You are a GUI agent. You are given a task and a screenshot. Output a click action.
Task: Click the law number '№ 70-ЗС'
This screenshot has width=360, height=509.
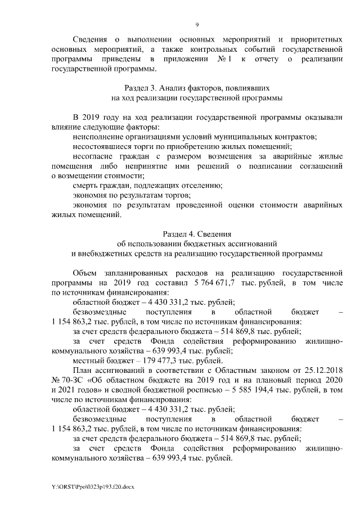pos(66,380)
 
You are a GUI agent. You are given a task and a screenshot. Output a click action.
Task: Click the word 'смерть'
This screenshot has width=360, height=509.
pos(86,185)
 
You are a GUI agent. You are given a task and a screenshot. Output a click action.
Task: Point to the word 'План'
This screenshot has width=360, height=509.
pos(83,371)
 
